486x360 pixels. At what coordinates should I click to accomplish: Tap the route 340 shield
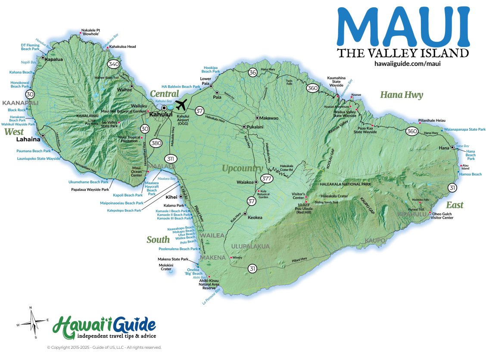coord(114,64)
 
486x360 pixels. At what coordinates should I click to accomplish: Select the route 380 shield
coord(156,144)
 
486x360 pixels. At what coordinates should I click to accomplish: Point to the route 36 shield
coord(253,72)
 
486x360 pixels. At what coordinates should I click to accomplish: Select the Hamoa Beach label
coord(470,174)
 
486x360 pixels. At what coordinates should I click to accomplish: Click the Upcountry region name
coord(242,168)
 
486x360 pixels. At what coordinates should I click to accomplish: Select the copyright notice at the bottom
coord(104,347)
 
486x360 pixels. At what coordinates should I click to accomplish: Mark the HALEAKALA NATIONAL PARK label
coord(345,184)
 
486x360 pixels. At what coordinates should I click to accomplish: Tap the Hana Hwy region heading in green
coord(401,95)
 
